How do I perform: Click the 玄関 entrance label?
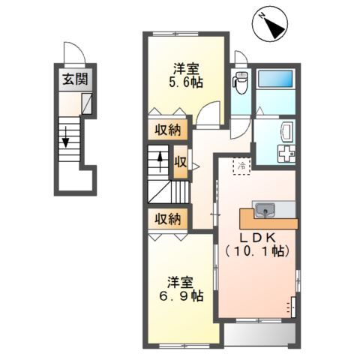(x=75, y=79)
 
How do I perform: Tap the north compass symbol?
(x=270, y=24)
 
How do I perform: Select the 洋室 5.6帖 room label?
(x=186, y=75)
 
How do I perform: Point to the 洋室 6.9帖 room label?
(x=181, y=289)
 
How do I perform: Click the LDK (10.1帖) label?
(x=257, y=244)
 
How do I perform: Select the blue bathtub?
(x=275, y=79)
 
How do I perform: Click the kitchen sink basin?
(x=265, y=211)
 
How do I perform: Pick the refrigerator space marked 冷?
(x=241, y=166)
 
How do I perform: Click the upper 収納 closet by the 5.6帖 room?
(x=167, y=130)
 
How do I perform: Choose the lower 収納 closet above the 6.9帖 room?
(x=167, y=219)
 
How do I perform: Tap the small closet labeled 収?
(x=181, y=162)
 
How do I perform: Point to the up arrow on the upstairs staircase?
(x=160, y=162)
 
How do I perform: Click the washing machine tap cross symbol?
(x=286, y=154)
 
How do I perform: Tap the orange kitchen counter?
(x=268, y=219)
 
